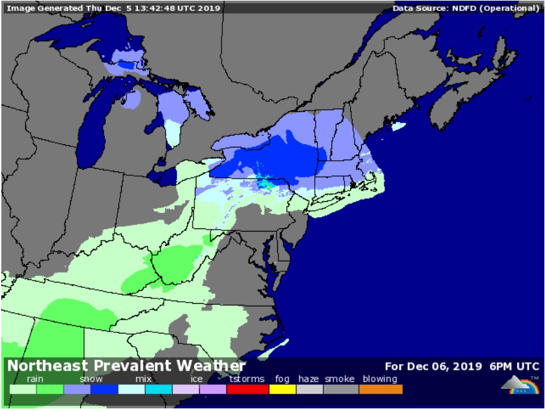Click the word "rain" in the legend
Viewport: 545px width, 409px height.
tap(35, 379)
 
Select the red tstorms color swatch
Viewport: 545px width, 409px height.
tap(247, 389)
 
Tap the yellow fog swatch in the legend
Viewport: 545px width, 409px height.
tap(282, 389)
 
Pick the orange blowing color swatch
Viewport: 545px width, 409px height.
tap(380, 389)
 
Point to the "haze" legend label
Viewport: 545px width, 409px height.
tap(308, 379)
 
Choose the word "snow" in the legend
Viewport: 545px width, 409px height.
tap(91, 379)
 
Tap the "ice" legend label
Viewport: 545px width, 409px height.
tap(196, 379)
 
